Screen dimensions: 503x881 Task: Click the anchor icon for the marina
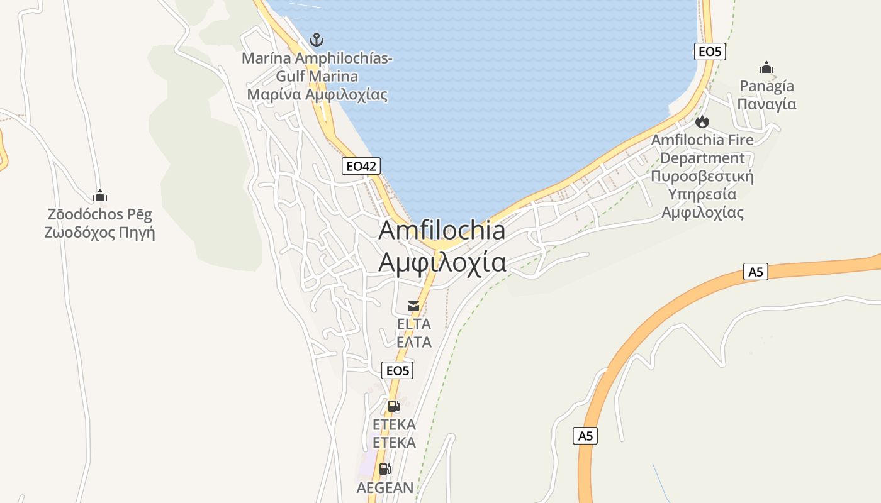click(317, 40)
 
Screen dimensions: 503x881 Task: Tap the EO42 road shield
click(361, 166)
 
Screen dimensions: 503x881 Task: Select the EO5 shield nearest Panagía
click(710, 52)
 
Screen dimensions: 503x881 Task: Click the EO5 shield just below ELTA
click(398, 370)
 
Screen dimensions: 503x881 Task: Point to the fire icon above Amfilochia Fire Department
click(702, 121)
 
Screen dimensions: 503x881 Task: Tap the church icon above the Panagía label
click(766, 67)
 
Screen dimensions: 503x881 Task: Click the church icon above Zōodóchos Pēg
click(100, 196)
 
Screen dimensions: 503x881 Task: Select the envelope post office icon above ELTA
click(413, 306)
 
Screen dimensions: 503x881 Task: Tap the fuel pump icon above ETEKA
click(393, 406)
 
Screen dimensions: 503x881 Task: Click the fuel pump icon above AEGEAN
click(384, 469)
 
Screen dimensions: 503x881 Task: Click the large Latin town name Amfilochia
click(442, 231)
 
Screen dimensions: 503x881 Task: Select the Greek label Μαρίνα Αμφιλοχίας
click(317, 95)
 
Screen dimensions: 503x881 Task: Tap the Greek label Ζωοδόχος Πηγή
click(99, 233)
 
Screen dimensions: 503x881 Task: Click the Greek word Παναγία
click(766, 104)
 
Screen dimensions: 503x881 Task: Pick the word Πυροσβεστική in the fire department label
click(702, 176)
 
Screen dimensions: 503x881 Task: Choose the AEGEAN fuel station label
click(385, 487)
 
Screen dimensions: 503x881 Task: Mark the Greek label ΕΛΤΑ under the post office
click(413, 342)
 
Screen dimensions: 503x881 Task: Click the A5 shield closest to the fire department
click(756, 272)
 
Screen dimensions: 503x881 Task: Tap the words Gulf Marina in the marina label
click(317, 77)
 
